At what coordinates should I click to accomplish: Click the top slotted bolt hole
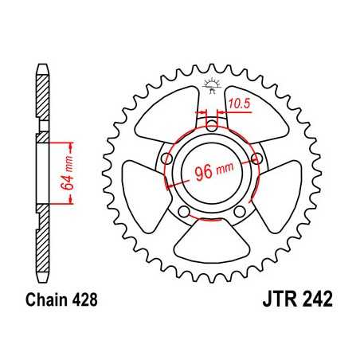tap(210, 125)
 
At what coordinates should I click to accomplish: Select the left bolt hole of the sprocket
tap(166, 158)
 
